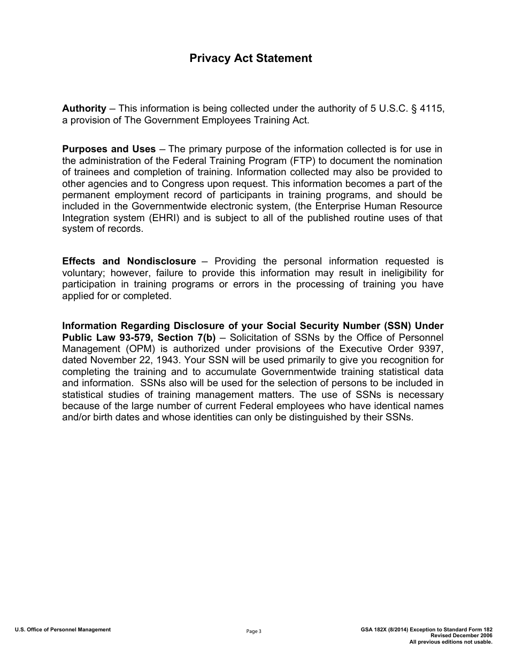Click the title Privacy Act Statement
point(250,58)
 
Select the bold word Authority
point(84,108)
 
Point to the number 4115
point(432,108)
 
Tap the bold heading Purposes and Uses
point(109,149)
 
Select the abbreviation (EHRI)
point(164,218)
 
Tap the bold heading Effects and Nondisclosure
point(129,261)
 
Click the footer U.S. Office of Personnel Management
point(63,630)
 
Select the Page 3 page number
point(253,631)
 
